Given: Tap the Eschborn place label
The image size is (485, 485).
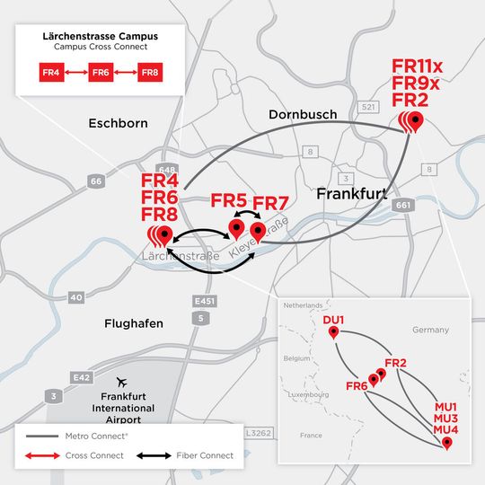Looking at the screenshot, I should coord(119,122).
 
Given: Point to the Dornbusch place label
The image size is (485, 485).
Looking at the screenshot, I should coord(303,115).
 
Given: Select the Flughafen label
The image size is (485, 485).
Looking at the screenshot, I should coord(132,323).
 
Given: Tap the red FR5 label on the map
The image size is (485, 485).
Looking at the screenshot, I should coord(229,199).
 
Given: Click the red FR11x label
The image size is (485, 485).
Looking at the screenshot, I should coord(418,66).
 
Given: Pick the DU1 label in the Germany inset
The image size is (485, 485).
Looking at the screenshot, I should coord(333,319).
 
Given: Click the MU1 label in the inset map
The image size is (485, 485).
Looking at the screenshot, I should coord(445,407).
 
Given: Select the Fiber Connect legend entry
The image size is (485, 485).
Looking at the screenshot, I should coord(204,455).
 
